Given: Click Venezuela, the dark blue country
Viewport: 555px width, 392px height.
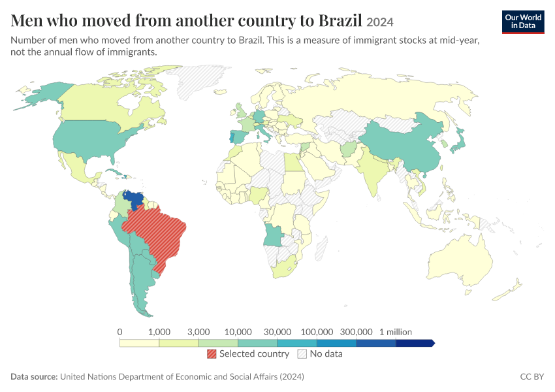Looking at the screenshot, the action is pyautogui.click(x=135, y=199).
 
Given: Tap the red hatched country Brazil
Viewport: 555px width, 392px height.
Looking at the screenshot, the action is pyautogui.click(x=157, y=234).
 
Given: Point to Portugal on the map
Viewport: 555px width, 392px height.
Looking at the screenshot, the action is pyautogui.click(x=232, y=137).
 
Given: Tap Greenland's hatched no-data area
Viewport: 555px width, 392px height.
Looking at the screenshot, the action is pyautogui.click(x=198, y=81).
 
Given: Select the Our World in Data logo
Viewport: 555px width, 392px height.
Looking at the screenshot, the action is pyautogui.click(x=523, y=22).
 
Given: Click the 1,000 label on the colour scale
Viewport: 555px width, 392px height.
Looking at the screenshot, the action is pyautogui.click(x=159, y=332).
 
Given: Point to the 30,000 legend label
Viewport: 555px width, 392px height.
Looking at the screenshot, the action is pyautogui.click(x=277, y=332).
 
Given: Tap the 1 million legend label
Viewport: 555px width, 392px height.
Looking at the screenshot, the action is pyautogui.click(x=396, y=332).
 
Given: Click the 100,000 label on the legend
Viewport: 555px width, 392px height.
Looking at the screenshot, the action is pyautogui.click(x=317, y=332).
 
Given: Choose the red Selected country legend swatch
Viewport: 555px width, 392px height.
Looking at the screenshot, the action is pyautogui.click(x=212, y=353).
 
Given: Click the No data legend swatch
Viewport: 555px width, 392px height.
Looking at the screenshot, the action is pyautogui.click(x=302, y=353).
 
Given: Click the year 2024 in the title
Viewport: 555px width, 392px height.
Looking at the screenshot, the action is pyautogui.click(x=380, y=22).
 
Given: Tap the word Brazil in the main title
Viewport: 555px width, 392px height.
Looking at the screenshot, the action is pyautogui.click(x=340, y=20).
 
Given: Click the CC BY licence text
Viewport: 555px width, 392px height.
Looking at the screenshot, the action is pyautogui.click(x=532, y=376).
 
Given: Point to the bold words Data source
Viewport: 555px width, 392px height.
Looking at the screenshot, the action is pyautogui.click(x=34, y=376).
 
